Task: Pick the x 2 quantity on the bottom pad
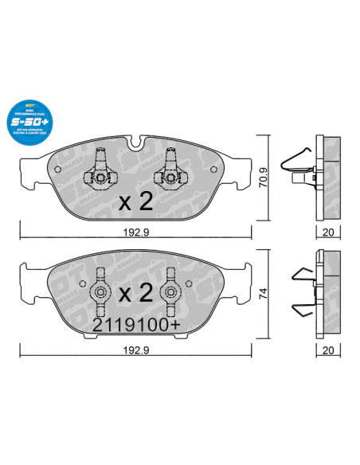(135, 293)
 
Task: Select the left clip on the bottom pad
(100, 293)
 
